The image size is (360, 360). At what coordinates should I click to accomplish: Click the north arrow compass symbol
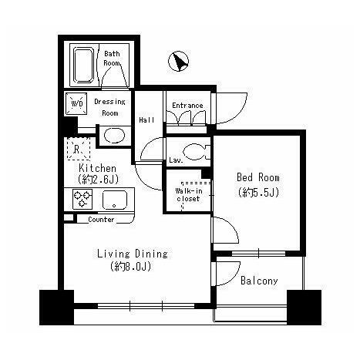point(178,62)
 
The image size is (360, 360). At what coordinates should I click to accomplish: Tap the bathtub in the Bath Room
point(83,66)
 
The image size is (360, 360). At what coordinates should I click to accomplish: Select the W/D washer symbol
point(76,104)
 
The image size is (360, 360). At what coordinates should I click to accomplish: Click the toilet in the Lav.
point(197,152)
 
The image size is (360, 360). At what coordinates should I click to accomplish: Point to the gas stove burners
point(82,199)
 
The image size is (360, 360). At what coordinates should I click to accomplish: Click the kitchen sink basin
point(115,200)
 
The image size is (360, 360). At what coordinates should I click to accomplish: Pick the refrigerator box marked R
point(79,149)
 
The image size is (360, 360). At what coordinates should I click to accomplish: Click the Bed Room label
point(258,177)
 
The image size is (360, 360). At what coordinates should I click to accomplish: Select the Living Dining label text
point(133,254)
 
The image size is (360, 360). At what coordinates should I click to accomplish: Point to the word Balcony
point(259,281)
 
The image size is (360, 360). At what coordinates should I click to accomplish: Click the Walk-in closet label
point(189,195)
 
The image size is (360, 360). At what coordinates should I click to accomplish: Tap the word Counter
point(101,220)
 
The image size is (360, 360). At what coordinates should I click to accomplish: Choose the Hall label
point(146,119)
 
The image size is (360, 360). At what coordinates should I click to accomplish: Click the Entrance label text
point(187,106)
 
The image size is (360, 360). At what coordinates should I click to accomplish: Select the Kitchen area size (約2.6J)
point(99,180)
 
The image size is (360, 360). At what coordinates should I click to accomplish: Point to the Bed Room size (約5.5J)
point(258,192)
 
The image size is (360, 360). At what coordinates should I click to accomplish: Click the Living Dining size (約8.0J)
point(131,267)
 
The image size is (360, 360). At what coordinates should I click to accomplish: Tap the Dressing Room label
point(109,107)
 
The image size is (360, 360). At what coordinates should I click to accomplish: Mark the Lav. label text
point(176,160)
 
